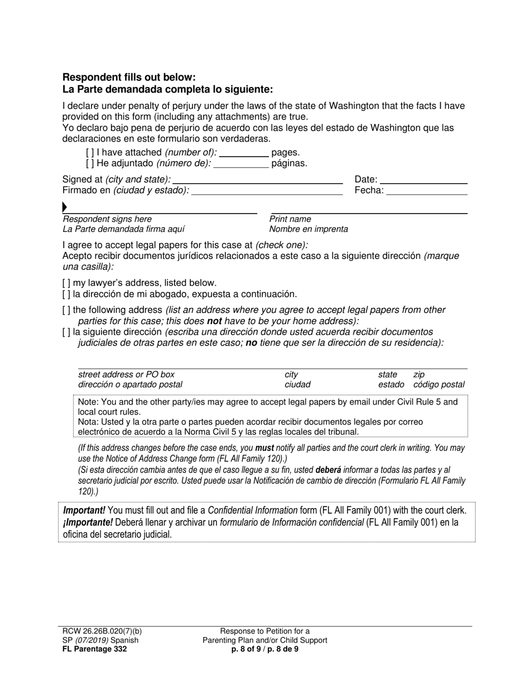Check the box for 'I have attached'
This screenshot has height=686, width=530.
click(90, 152)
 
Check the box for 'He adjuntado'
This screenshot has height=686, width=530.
click(90, 163)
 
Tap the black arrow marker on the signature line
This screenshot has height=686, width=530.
click(65, 208)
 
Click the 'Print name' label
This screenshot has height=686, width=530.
click(290, 219)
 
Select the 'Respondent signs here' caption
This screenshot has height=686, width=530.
click(107, 219)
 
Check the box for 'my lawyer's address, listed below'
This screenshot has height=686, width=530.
click(66, 283)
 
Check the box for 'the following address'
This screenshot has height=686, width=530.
click(66, 310)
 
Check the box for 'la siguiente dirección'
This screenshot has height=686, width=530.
click(66, 332)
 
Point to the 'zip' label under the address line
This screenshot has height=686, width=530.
click(418, 375)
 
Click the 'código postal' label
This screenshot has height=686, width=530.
click(439, 385)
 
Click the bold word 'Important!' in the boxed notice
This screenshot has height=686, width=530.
click(84, 510)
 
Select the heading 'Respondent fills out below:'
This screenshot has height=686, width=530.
click(129, 78)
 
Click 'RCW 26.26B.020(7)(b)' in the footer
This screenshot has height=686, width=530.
click(102, 631)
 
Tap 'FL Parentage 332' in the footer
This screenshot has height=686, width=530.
click(94, 649)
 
